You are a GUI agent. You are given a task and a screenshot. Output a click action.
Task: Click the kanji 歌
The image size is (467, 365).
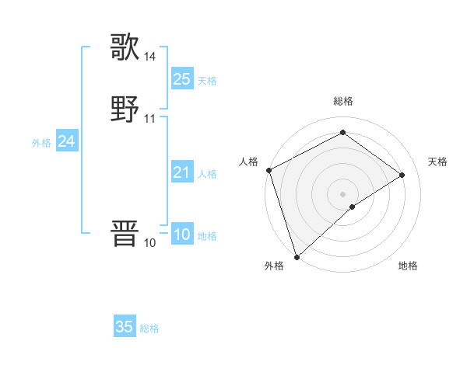125,47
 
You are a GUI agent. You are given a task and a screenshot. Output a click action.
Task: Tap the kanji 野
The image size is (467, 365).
125,109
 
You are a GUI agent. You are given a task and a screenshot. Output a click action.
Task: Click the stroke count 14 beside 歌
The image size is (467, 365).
149,57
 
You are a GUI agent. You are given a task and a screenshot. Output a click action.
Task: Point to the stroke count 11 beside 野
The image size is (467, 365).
149,119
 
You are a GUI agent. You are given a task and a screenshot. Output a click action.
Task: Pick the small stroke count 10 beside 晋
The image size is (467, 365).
149,243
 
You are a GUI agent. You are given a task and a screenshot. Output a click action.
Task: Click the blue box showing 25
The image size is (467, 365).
181,78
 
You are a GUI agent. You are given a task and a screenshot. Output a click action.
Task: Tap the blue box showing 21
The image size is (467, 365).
181,172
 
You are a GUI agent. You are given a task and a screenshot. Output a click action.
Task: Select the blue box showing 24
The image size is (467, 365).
67,141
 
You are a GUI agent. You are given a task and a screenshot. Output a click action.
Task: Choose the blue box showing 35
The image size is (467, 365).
125,327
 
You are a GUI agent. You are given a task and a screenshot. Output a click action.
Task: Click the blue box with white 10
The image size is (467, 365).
181,235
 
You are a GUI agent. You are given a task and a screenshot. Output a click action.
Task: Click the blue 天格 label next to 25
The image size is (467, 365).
207,80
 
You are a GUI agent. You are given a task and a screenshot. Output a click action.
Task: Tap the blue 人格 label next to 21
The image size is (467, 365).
207,174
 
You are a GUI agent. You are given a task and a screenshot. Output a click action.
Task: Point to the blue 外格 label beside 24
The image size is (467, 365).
41,143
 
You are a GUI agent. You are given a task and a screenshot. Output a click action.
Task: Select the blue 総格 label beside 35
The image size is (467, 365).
149,328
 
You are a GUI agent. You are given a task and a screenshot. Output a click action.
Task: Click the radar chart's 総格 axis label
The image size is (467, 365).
343,101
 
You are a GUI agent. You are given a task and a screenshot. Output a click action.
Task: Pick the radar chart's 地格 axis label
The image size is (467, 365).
408,266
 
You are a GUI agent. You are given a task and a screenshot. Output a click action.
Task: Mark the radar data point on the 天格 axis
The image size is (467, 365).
402,175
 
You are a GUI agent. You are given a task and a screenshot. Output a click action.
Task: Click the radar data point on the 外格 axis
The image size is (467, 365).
297,256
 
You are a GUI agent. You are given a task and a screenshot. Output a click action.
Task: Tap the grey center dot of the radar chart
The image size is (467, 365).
343,193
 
